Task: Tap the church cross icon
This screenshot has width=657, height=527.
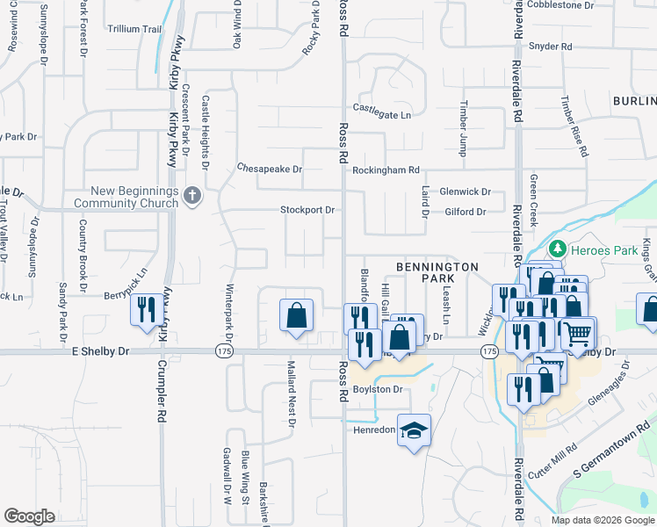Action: click(x=193, y=196)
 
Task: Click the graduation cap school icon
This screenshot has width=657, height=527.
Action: click(x=414, y=430)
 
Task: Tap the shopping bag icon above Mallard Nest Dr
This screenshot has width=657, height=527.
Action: click(x=297, y=315)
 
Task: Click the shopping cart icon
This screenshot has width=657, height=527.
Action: click(x=577, y=333)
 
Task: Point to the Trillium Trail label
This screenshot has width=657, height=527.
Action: click(x=134, y=29)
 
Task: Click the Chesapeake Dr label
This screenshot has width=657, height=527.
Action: click(x=270, y=168)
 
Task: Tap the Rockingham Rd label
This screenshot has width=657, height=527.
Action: click(x=386, y=170)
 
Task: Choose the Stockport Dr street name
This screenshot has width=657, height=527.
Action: click(x=307, y=210)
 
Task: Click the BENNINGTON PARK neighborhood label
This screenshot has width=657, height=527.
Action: click(x=437, y=272)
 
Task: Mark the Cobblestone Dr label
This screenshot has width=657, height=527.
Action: click(x=564, y=5)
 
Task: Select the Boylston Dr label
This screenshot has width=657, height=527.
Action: click(x=378, y=389)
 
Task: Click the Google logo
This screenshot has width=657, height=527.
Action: click(x=29, y=516)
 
